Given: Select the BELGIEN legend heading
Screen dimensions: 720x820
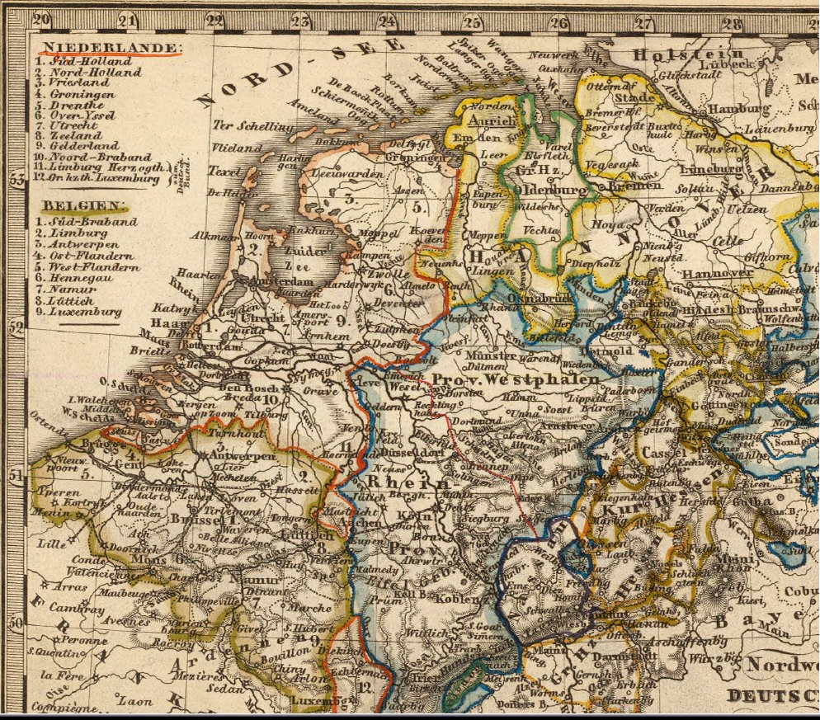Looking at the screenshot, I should point(85,205).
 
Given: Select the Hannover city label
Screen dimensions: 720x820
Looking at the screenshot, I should point(717,273).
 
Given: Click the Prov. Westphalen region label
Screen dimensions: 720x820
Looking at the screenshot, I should point(515,379).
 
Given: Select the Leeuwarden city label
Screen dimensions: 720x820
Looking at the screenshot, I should point(351,175).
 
